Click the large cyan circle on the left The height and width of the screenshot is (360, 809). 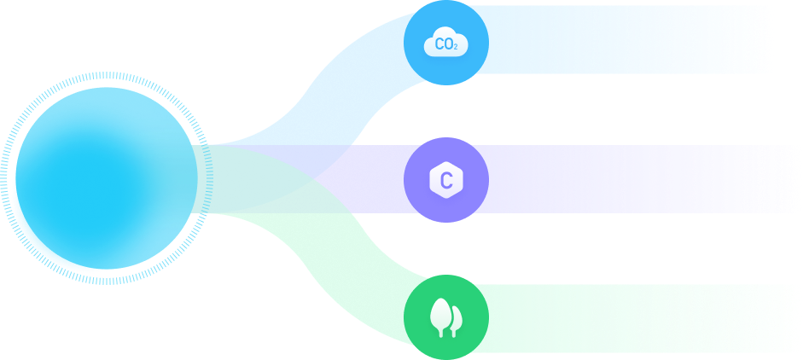pos(107,177)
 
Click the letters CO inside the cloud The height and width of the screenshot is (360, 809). pos(443,43)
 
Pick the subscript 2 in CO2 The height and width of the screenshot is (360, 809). pos(456,47)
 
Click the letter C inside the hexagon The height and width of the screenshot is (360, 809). pos(445,181)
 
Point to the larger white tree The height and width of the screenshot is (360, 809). pos(440,312)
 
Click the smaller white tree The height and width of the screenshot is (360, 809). pos(457,319)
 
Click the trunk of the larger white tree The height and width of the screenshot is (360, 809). pos(440,330)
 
